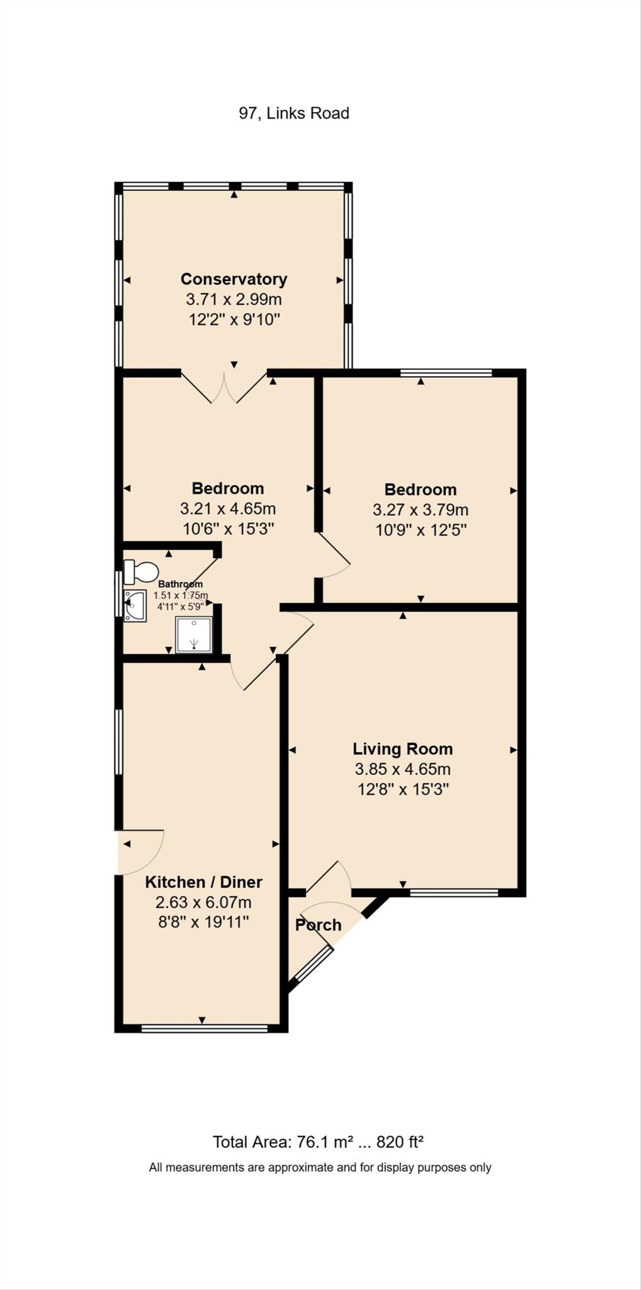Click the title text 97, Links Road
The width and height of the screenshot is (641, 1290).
[x=293, y=113]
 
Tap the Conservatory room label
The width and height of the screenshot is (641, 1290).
[x=234, y=279]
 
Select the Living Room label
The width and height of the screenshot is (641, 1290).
[x=402, y=749]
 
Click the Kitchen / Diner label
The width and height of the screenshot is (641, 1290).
[x=203, y=882]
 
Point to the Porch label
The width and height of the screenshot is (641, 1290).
[x=318, y=925]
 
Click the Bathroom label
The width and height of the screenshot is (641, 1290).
[x=180, y=584]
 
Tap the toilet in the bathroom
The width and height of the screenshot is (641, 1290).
[x=141, y=572]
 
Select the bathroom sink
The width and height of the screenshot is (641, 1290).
[x=135, y=605]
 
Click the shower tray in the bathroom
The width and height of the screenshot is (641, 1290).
[x=193, y=634]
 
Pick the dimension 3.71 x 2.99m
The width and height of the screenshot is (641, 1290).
[x=234, y=299]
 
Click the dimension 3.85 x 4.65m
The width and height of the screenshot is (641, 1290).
[x=402, y=769]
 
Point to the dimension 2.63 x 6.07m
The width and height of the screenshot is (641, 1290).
[x=203, y=902]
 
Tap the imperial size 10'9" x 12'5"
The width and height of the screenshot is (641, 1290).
[x=421, y=530]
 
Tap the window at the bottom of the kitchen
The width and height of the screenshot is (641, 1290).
[x=205, y=1029]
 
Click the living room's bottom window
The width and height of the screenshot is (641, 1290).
[x=453, y=892]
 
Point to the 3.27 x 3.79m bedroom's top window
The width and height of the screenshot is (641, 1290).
[x=446, y=373]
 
